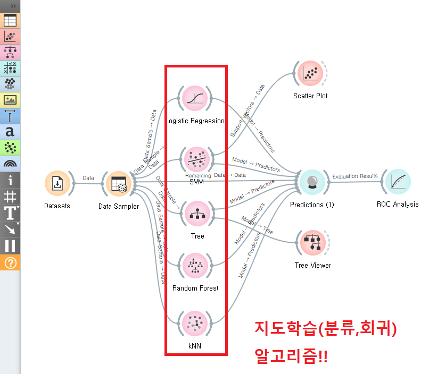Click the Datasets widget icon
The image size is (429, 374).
point(57,184)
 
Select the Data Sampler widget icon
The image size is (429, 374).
point(119,184)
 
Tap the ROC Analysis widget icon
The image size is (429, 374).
point(398,183)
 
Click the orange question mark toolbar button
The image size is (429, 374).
point(10,262)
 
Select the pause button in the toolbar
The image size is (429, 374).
point(10,245)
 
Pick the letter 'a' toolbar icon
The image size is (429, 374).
point(10,131)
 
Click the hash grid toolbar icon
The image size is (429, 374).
point(10,197)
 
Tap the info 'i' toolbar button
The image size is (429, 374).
point(10,180)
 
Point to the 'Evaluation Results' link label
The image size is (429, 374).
point(355,176)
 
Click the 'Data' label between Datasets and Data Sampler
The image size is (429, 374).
point(88,178)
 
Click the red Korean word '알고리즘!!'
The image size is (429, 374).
point(291,355)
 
